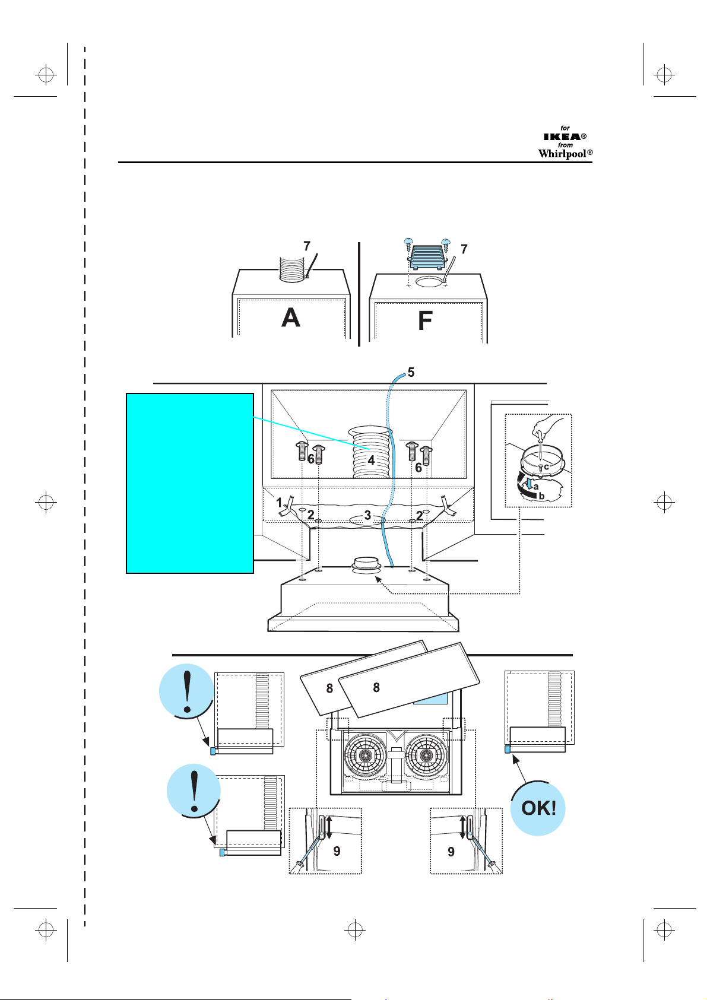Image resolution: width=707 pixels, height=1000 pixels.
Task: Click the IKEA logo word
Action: coord(562,136)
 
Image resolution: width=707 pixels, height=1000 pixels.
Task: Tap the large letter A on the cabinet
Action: coord(291,318)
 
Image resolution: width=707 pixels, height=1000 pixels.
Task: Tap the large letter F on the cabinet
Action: coord(425,320)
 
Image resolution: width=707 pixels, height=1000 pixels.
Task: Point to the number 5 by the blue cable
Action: coord(411,372)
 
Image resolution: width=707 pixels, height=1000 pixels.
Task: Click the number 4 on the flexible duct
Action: coord(371,460)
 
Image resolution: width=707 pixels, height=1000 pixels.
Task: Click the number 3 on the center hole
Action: coord(367,516)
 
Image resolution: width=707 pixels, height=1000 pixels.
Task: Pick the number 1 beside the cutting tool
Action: coord(279,503)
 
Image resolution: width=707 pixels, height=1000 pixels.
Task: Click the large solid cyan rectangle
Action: coord(190,483)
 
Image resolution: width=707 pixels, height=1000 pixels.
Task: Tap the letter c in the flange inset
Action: coord(546,467)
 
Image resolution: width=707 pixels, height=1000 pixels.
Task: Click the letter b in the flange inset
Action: coord(542,496)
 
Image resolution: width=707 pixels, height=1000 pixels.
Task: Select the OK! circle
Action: coord(538,808)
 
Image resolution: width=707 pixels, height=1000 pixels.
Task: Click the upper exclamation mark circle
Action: coord(186,691)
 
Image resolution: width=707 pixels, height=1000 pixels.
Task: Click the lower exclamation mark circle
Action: coord(194,791)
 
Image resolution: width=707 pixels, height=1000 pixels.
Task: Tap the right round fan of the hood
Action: coord(426,755)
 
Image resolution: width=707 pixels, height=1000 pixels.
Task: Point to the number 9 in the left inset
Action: coord(337,852)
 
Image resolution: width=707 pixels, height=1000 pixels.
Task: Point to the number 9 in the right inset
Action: coord(451,852)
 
